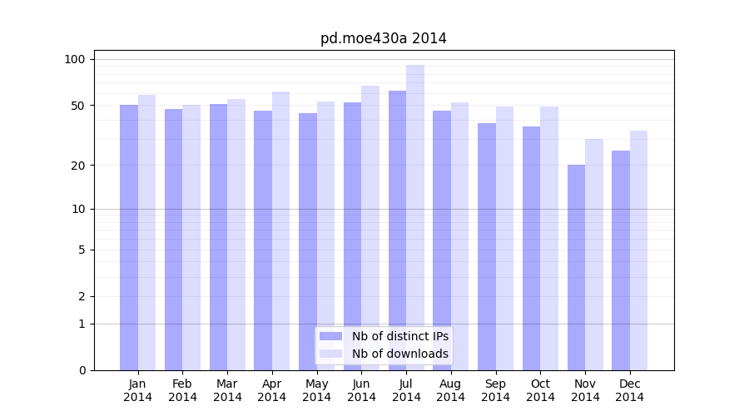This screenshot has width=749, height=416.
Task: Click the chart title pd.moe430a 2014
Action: (383, 38)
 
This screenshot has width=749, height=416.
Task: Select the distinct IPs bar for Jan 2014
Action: (129, 237)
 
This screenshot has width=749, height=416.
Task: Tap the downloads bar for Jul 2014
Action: (415, 217)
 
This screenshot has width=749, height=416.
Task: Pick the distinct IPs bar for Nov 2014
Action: (576, 267)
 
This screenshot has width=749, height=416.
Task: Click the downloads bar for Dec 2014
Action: (638, 250)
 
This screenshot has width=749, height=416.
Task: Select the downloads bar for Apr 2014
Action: (280, 230)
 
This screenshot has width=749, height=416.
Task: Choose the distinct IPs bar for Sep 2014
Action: (487, 246)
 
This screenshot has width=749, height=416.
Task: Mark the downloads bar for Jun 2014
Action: (370, 227)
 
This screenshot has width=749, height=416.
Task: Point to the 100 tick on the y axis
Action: (75, 59)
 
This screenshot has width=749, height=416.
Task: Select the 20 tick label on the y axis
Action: (77, 165)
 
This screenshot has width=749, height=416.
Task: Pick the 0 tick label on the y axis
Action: (82, 370)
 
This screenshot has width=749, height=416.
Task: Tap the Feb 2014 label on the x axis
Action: (183, 390)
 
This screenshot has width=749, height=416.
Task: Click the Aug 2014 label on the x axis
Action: (451, 390)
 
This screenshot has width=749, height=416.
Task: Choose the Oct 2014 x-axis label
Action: (540, 390)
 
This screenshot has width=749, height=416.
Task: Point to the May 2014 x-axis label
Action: (317, 390)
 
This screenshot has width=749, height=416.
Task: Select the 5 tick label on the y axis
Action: (82, 250)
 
